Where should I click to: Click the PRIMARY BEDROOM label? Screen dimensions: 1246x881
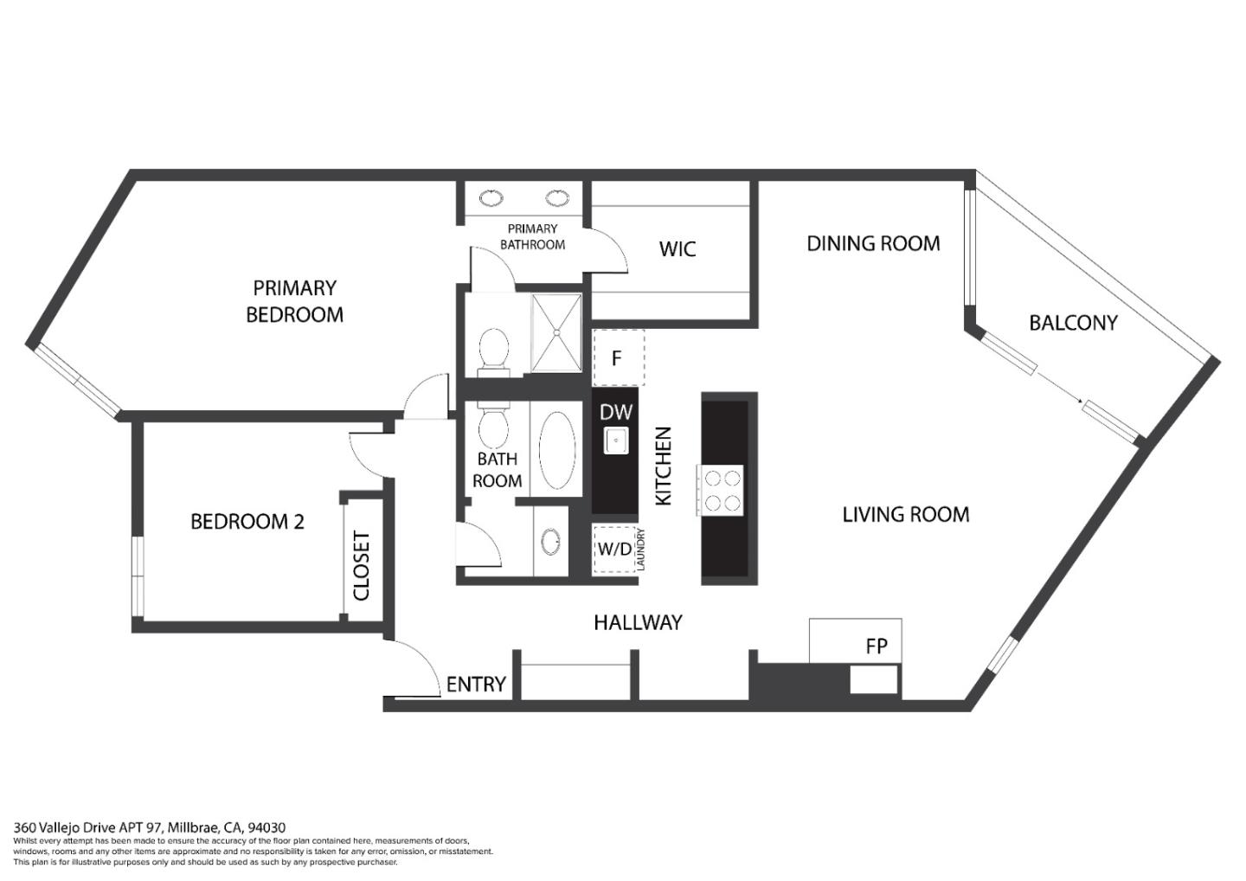coord(294,301)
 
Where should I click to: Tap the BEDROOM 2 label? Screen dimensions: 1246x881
coord(247,522)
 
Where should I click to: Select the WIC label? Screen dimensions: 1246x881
coord(677,249)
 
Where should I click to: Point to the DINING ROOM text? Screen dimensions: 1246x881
coord(873,243)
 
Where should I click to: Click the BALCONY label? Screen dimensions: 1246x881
coord(1073,323)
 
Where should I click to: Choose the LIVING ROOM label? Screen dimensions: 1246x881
coord(906,514)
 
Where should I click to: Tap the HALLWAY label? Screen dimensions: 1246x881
coord(638,622)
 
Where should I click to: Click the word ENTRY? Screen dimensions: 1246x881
coord(476,684)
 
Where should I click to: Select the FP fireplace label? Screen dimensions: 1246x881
coord(876,646)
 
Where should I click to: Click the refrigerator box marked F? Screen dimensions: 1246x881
coord(619,357)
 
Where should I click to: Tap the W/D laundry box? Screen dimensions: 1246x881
coord(614,550)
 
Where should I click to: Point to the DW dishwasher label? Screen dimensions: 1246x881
coord(616,412)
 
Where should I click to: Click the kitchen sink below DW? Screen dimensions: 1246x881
coord(616,440)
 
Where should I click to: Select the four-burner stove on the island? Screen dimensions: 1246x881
coord(720,490)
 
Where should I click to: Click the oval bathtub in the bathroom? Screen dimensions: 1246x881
coord(556,449)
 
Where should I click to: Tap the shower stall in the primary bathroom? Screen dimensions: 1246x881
coord(556,332)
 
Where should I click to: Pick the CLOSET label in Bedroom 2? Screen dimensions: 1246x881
coord(362,566)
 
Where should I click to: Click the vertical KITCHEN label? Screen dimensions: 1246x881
coord(664,466)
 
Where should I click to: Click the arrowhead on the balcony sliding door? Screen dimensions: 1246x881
coord(1080,402)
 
